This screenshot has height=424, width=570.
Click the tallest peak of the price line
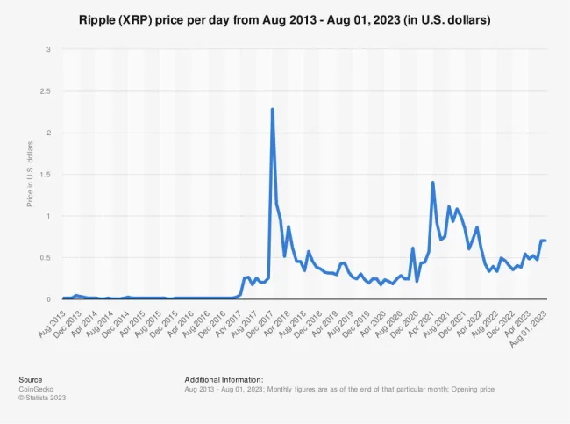[273, 110]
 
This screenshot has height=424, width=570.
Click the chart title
[285, 18]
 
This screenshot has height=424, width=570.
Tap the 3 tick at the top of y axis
[49, 49]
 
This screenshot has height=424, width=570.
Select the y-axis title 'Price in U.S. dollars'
[32, 175]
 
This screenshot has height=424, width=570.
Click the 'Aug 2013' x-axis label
[51, 318]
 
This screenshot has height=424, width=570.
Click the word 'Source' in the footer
[31, 379]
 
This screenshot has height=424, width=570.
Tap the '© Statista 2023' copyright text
[42, 398]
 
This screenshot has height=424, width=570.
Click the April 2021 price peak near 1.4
[433, 183]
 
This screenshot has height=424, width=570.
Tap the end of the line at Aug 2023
[545, 241]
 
